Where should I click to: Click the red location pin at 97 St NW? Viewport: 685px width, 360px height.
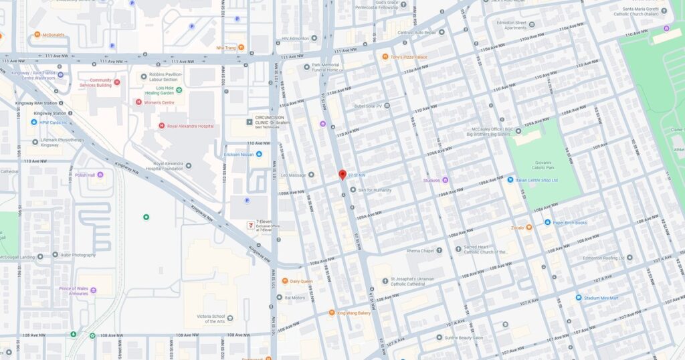point(342,174)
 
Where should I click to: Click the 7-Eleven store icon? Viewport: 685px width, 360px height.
point(251,224)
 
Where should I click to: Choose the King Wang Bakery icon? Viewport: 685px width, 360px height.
point(331,312)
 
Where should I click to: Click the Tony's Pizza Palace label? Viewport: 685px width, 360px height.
point(409,57)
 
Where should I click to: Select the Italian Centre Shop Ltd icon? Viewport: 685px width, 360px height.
point(509,180)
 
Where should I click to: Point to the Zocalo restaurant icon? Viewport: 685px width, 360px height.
point(528,228)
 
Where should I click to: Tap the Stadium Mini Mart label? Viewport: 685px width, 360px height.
point(605,297)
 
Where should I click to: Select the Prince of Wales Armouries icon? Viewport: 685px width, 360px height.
point(93,290)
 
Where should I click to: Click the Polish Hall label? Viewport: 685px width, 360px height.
point(85,175)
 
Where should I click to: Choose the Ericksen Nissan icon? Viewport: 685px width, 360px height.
point(259,155)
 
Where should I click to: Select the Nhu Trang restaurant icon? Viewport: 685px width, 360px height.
point(241,48)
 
